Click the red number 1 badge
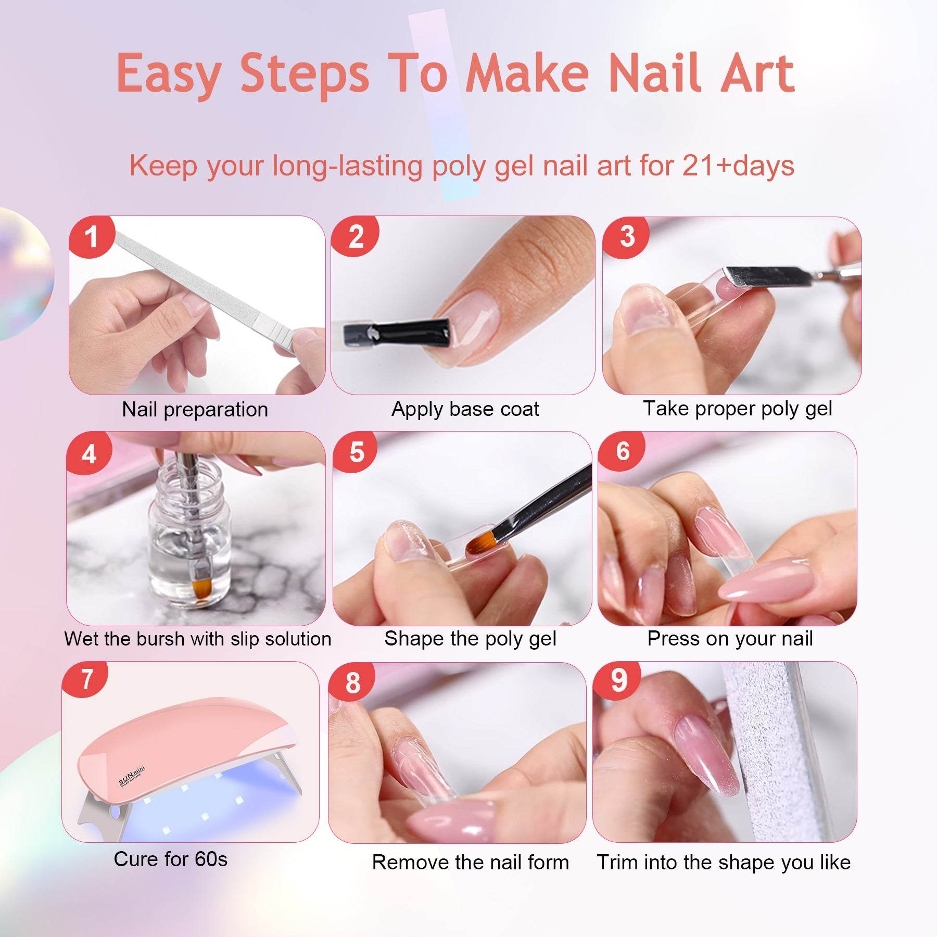[92, 237]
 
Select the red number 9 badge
[618, 680]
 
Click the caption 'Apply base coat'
[465, 409]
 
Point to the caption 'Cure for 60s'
[170, 859]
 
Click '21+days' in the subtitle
[738, 166]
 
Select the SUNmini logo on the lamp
[132, 776]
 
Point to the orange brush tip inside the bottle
[201, 588]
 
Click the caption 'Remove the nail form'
[470, 863]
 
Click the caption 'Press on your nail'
[730, 639]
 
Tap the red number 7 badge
[86, 679]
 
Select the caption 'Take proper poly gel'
[737, 409]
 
